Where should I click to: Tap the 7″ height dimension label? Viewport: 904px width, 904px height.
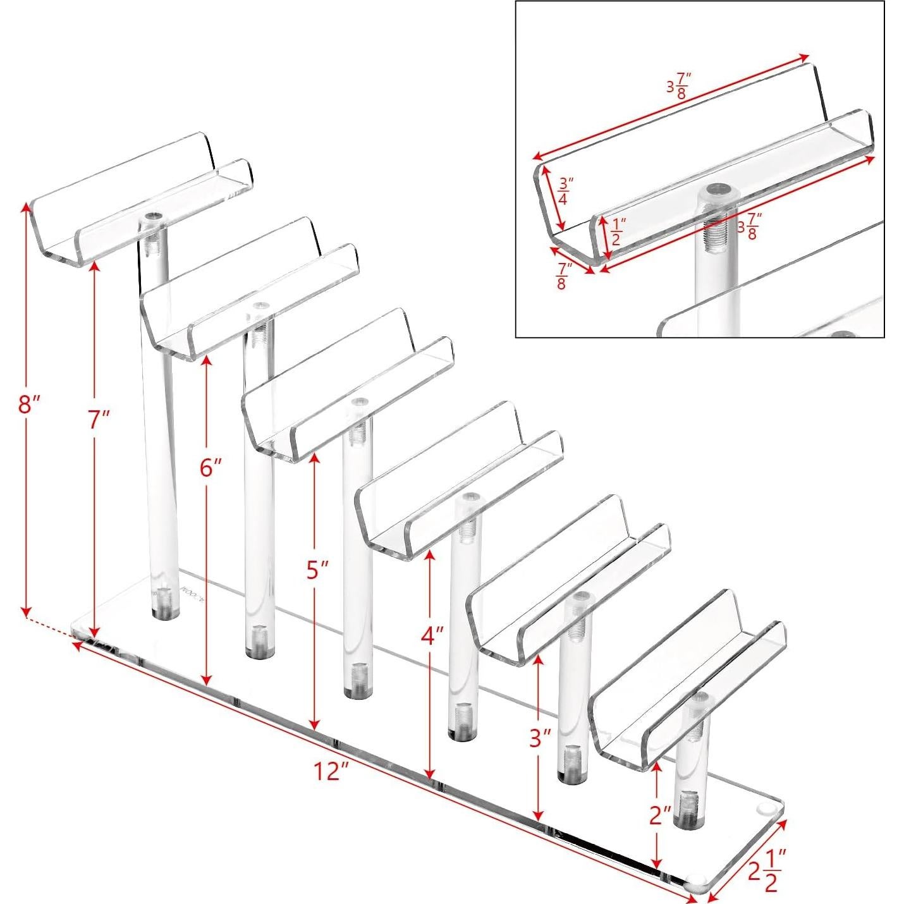[x=99, y=419]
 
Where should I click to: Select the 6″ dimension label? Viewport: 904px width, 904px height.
[x=211, y=468]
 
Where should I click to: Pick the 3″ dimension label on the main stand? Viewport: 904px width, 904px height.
[x=541, y=737]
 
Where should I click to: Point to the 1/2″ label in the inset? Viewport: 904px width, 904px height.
[x=618, y=231]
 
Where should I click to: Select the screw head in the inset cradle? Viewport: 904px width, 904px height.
[x=720, y=189]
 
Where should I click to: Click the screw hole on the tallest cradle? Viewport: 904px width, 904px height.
[x=152, y=217]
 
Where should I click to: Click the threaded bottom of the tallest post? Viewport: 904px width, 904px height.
[x=163, y=601]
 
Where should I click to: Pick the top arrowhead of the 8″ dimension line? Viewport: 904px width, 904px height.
[x=26, y=207]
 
